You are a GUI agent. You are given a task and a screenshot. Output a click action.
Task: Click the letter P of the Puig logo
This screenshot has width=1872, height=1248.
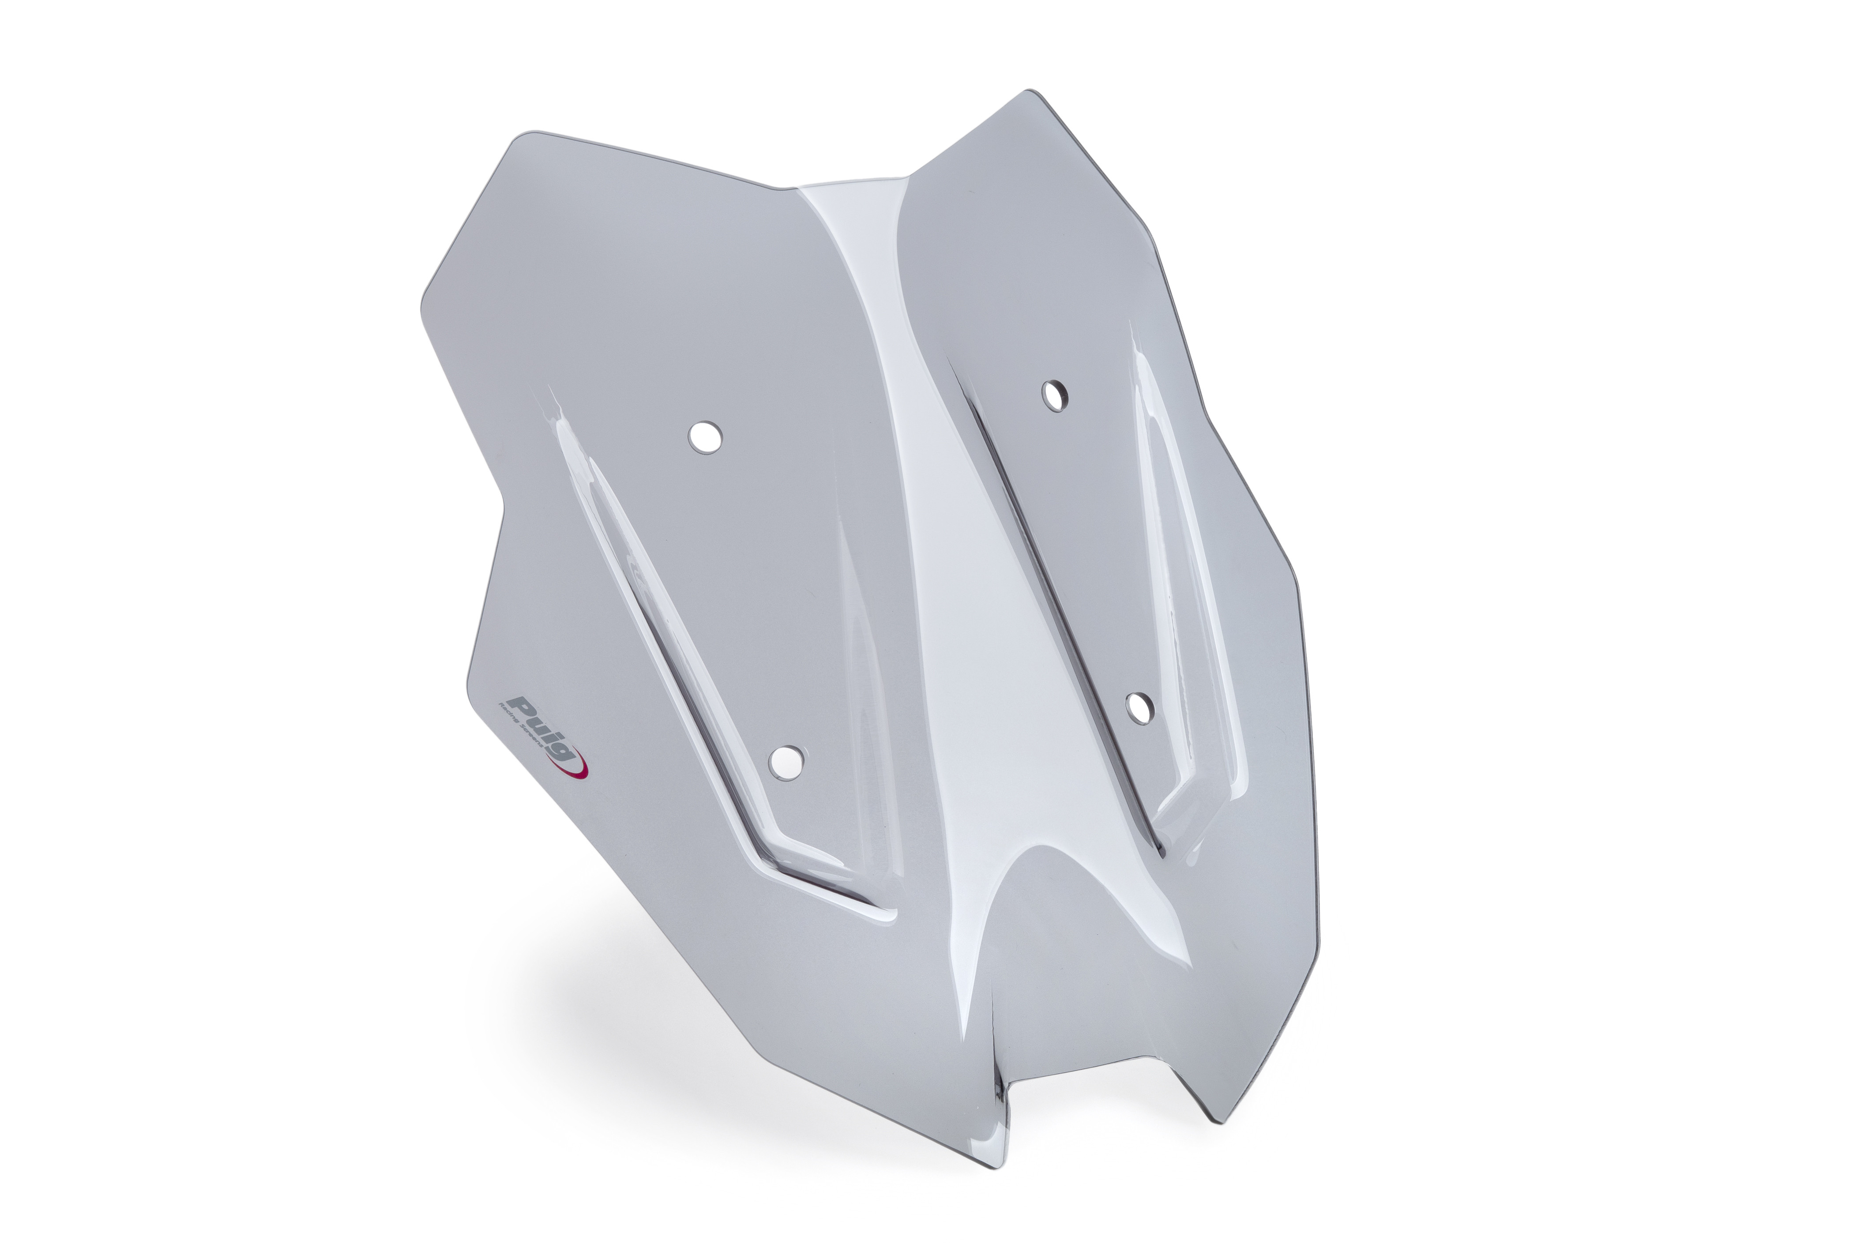click(521, 704)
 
